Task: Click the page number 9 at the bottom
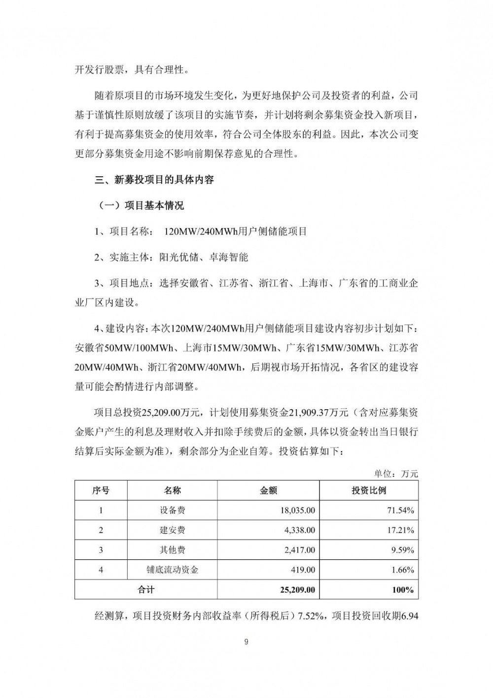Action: click(x=246, y=642)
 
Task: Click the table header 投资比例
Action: click(x=369, y=490)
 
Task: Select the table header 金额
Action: click(x=268, y=490)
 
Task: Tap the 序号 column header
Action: click(x=101, y=490)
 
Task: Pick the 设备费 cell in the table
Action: click(x=172, y=510)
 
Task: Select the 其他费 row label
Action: click(x=172, y=550)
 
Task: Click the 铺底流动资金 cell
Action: click(x=172, y=570)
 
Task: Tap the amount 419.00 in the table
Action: click(x=303, y=570)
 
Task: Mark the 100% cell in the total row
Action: click(x=403, y=589)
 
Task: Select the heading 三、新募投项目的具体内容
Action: click(x=154, y=180)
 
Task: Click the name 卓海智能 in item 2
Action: click(x=228, y=257)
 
